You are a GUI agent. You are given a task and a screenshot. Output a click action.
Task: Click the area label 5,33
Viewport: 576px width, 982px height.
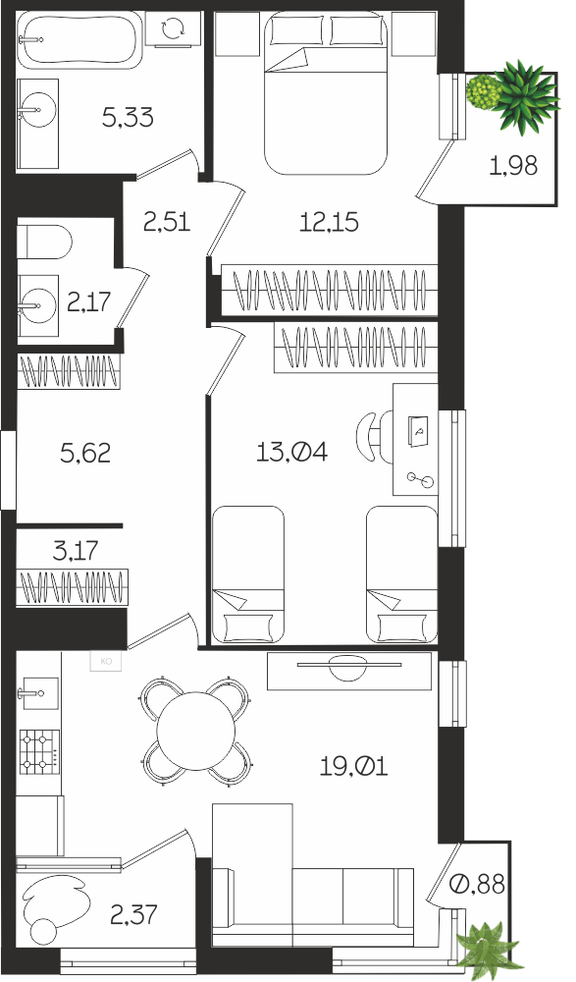pyautogui.click(x=128, y=117)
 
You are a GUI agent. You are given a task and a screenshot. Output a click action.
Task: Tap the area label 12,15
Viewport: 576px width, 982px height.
pyautogui.click(x=329, y=222)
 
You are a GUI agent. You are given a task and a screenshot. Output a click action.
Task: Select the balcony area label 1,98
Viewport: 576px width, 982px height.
pyautogui.click(x=513, y=166)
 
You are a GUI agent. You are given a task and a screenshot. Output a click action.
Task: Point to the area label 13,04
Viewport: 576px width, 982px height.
pyautogui.click(x=291, y=451)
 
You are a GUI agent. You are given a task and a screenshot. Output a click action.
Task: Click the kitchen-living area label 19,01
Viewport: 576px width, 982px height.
pyautogui.click(x=353, y=765)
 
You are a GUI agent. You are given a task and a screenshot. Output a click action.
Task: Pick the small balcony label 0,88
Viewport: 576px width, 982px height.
pyautogui.click(x=478, y=884)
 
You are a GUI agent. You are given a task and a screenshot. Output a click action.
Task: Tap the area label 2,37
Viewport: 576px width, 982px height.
pyautogui.click(x=133, y=915)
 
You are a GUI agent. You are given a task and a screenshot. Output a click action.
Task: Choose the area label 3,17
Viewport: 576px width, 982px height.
pyautogui.click(x=76, y=551)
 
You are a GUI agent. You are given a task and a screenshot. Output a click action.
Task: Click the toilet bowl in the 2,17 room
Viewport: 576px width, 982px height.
pyautogui.click(x=44, y=242)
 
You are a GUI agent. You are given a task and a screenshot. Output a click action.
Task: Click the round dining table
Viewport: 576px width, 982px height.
pyautogui.click(x=196, y=731)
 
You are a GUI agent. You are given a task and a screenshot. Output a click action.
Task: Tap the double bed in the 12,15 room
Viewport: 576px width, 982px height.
pyautogui.click(x=325, y=92)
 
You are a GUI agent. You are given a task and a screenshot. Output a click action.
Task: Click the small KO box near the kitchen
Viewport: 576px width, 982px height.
pyautogui.click(x=106, y=661)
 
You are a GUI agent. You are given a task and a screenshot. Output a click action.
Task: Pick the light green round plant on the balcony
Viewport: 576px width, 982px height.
pyautogui.click(x=484, y=92)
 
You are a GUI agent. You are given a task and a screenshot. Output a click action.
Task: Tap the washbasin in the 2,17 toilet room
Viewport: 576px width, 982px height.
pyautogui.click(x=37, y=305)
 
